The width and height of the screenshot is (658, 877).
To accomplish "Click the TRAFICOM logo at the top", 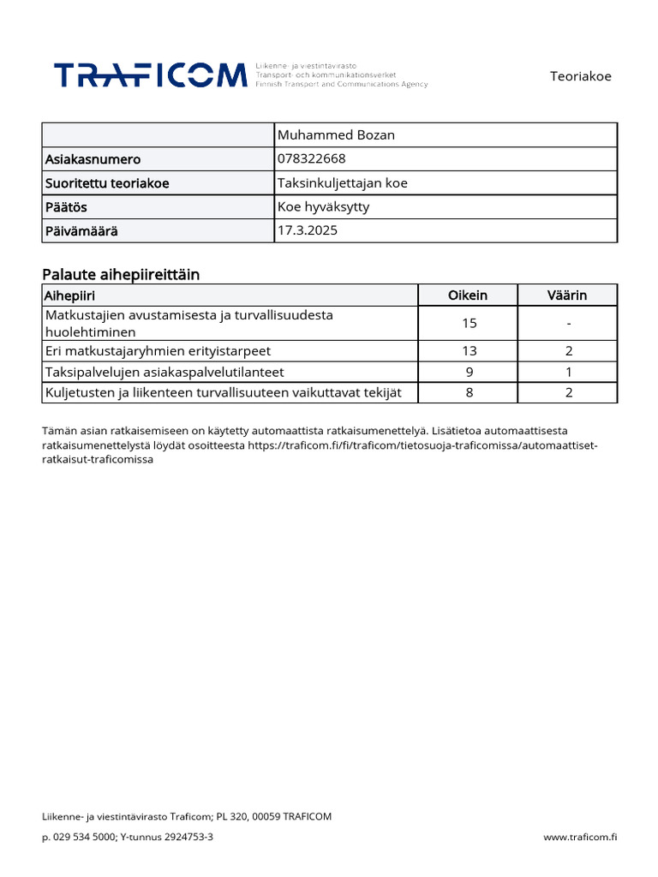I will click(151, 75).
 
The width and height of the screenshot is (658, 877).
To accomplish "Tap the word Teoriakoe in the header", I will click(580, 76).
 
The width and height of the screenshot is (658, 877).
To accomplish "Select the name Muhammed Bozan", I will click(336, 135).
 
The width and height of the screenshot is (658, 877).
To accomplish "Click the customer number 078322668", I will click(312, 158).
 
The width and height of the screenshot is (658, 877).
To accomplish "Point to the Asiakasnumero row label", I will click(93, 159).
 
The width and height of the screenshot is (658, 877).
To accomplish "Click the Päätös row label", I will click(66, 207).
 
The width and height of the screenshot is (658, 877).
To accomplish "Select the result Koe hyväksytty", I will click(324, 206).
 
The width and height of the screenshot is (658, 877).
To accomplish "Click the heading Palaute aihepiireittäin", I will click(121, 274).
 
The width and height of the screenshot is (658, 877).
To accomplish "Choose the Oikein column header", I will click(468, 295).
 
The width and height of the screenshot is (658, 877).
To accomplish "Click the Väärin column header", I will click(567, 295).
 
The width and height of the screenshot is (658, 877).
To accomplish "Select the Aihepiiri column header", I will click(69, 295).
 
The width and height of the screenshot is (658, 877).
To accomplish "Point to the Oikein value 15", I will click(469, 323).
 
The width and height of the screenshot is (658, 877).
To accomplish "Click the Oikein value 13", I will click(469, 351).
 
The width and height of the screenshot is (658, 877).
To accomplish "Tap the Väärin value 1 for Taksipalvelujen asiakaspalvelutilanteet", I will click(568, 372).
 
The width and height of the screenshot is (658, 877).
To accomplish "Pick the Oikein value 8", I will click(469, 392).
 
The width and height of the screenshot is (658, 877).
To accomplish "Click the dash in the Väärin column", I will click(568, 323).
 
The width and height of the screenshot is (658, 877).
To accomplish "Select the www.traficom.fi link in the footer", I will click(580, 837).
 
